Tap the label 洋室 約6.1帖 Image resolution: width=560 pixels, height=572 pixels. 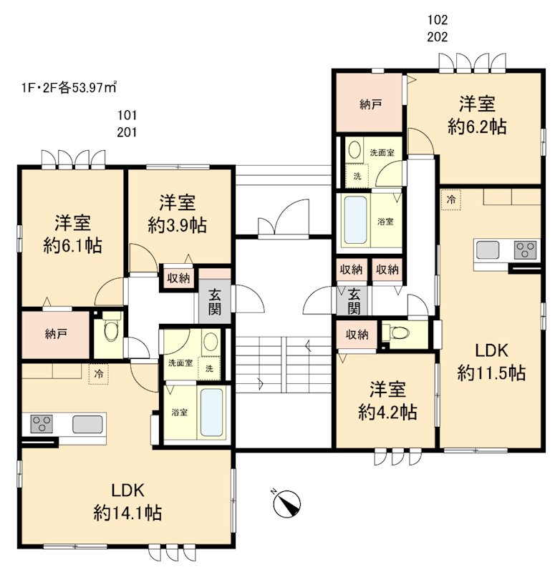point(72,234)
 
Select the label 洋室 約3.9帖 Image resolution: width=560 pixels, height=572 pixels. point(178,214)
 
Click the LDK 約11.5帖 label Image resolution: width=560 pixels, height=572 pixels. point(492,362)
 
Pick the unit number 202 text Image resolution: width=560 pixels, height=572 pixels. point(437,37)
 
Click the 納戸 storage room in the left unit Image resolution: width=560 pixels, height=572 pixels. point(54,335)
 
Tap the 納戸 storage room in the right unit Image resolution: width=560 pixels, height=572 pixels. point(370,104)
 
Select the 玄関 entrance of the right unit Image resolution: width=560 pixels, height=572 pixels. point(354,300)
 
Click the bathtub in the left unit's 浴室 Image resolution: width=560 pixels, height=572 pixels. point(211,413)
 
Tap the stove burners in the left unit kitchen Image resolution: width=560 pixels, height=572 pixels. point(40,423)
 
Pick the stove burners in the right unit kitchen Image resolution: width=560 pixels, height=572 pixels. point(526,251)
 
